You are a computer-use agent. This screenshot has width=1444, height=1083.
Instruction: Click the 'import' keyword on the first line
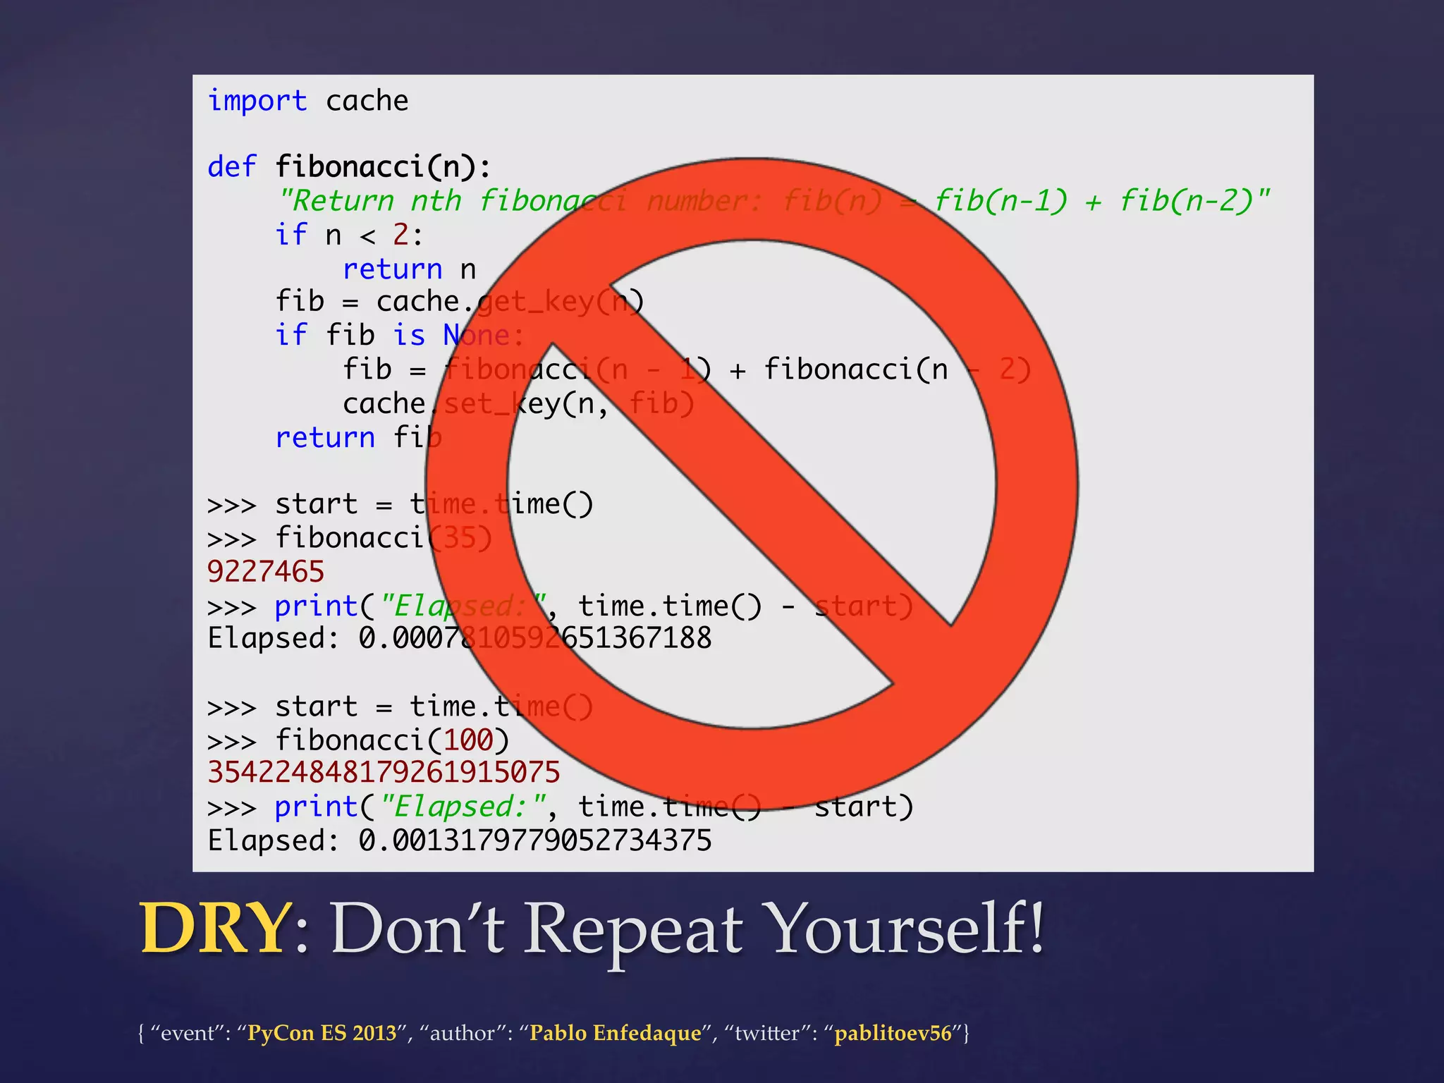point(257,102)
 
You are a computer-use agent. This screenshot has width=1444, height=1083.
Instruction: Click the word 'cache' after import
point(367,102)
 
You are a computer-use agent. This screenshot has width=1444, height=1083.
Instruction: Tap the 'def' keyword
point(231,167)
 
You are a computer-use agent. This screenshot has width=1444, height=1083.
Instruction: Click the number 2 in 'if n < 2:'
point(400,235)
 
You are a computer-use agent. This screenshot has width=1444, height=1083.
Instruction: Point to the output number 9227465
point(266,571)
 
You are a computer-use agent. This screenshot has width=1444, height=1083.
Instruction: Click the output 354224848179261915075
point(384,773)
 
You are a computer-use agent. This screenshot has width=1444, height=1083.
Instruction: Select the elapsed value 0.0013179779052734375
point(534,840)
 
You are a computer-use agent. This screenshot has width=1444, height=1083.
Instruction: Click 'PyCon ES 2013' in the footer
point(322,1033)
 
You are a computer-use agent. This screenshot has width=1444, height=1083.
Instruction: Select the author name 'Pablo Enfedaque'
point(616,1033)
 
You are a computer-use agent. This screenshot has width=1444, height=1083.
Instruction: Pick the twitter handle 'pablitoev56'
point(893,1033)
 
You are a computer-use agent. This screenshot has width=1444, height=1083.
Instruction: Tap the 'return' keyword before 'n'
point(392,269)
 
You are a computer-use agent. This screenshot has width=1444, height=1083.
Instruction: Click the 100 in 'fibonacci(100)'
point(468,740)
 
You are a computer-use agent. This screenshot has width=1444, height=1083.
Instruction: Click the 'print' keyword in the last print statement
point(316,807)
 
